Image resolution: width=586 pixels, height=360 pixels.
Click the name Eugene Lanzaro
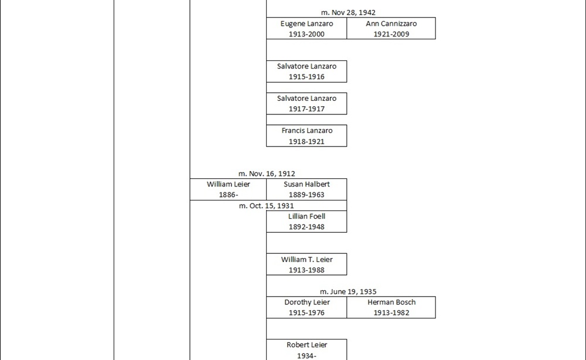(306, 24)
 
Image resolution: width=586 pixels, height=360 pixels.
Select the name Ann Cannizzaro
(391, 24)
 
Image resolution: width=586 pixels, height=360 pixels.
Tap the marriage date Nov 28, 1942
(348, 12)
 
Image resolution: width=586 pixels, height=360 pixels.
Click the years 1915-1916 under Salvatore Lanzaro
(306, 77)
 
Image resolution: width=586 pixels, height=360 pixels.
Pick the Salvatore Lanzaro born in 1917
(306, 99)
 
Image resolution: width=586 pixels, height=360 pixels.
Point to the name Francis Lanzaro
(306, 131)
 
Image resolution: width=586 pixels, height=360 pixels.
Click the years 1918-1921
(306, 141)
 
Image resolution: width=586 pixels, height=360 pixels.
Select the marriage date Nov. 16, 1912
(267, 174)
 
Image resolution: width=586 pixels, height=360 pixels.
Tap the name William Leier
(228, 184)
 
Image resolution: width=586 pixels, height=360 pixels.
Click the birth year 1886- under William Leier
(228, 195)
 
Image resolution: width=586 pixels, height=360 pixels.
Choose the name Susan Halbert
(306, 184)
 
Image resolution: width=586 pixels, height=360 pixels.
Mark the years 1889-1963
(306, 195)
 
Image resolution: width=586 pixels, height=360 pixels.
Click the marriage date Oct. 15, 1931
(267, 206)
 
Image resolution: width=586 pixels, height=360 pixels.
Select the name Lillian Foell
(306, 216)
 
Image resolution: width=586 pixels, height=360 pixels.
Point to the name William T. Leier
(306, 260)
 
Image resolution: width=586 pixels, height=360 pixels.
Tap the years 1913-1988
(306, 270)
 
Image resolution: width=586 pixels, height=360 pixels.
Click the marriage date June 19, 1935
(348, 291)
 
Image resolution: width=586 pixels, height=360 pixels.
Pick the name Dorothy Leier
(306, 303)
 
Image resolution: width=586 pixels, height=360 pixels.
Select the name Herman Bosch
(391, 303)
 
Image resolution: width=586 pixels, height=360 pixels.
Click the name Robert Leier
(306, 345)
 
